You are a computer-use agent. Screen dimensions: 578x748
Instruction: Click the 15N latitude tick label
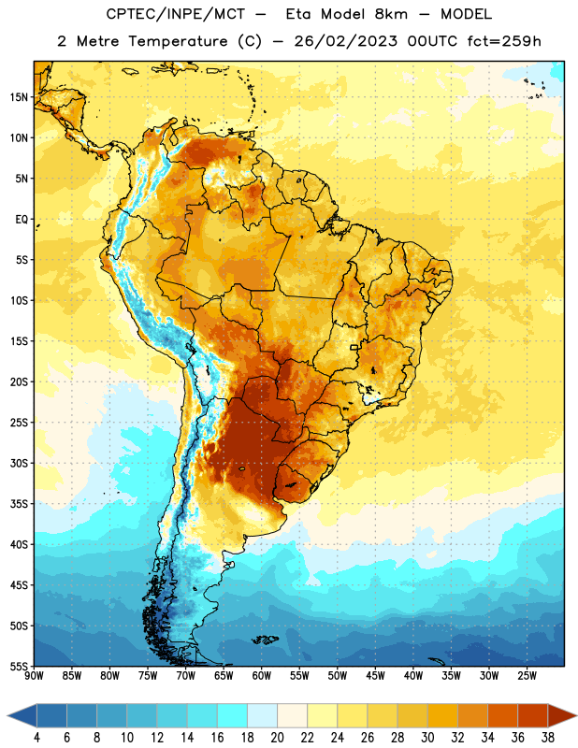pyautogui.click(x=19, y=97)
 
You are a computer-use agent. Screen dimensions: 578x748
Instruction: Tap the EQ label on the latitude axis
pyautogui.click(x=22, y=220)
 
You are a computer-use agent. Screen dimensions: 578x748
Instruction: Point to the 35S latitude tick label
pyautogui.click(x=19, y=504)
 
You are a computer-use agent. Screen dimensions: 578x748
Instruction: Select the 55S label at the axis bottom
pyautogui.click(x=19, y=667)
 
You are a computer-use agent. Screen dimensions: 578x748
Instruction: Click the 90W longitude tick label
pyautogui.click(x=34, y=676)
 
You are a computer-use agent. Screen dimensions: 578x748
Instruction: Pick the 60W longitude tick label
pyautogui.click(x=262, y=676)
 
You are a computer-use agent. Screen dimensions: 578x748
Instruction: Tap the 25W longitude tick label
pyautogui.click(x=527, y=676)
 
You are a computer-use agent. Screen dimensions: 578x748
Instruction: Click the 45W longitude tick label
pyautogui.click(x=375, y=676)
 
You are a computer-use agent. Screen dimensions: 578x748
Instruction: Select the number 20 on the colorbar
pyautogui.click(x=277, y=738)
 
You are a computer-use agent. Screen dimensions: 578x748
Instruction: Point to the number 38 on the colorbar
pyautogui.click(x=548, y=738)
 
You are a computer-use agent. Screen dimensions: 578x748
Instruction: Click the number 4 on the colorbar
pyautogui.click(x=36, y=738)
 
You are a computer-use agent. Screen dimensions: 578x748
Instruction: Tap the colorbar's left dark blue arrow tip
pyautogui.click(x=7, y=716)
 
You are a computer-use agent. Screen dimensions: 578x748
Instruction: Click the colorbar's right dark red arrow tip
pyautogui.click(x=576, y=716)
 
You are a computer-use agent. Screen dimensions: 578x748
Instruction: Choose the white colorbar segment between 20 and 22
pyautogui.click(x=292, y=716)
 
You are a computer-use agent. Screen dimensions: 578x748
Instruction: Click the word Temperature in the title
pyautogui.click(x=178, y=41)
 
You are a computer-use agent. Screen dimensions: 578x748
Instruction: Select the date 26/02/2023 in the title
pyautogui.click(x=345, y=41)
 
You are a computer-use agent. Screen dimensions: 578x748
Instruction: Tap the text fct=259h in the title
pyautogui.click(x=504, y=41)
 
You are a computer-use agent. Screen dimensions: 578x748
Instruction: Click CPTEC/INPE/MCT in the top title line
pyautogui.click(x=175, y=14)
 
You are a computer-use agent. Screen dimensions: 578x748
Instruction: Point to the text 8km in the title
pyautogui.click(x=391, y=14)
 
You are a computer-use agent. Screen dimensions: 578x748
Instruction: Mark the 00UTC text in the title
pyautogui.click(x=432, y=41)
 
